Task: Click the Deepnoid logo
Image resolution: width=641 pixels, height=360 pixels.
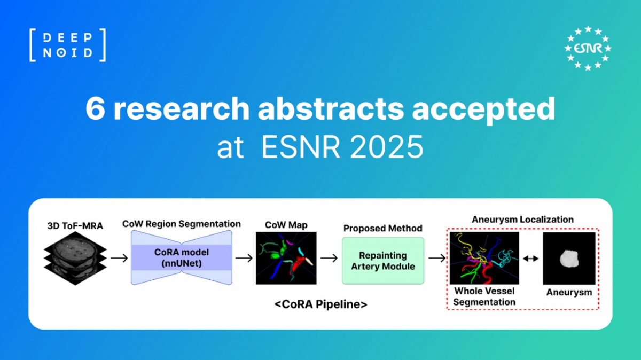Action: (67, 45)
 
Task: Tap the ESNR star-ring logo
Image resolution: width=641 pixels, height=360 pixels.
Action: (588, 48)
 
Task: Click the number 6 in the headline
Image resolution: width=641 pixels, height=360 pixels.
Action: (95, 109)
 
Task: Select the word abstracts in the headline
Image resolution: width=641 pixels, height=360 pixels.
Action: (331, 109)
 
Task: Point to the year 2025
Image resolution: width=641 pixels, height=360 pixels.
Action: (387, 147)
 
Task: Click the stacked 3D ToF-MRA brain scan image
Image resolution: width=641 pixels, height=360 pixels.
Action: (75, 259)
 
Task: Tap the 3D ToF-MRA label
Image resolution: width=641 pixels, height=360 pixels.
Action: (75, 226)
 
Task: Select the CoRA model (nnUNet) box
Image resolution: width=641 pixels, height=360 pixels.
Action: (182, 257)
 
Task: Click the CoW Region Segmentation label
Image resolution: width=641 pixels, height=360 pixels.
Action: (182, 223)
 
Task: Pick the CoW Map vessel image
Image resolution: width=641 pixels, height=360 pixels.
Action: (286, 258)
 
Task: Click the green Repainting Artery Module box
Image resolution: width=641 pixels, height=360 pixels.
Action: (383, 261)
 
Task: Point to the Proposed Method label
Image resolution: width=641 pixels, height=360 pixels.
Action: (383, 228)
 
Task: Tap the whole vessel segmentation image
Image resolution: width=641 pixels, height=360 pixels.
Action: (484, 258)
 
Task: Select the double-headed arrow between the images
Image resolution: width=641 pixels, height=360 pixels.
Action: (531, 259)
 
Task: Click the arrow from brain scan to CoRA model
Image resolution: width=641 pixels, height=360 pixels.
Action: (119, 258)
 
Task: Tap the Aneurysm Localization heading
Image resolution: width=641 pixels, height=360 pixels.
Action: (522, 220)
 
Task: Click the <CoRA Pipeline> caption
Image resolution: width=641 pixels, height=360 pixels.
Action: (321, 304)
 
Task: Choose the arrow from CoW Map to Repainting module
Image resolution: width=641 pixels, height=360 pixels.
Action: (329, 258)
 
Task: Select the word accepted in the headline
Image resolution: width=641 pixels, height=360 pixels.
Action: (483, 109)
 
